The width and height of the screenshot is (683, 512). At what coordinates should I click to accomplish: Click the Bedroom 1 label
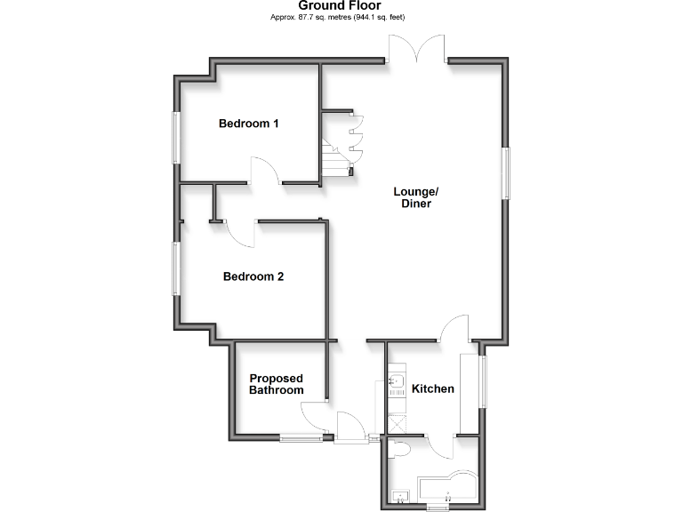pyautogui.click(x=249, y=124)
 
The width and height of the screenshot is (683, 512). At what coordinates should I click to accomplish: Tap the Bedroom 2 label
pyautogui.click(x=253, y=276)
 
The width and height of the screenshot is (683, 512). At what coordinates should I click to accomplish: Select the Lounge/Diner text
pyautogui.click(x=415, y=197)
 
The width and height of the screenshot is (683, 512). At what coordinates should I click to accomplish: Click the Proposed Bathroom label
pyautogui.click(x=276, y=384)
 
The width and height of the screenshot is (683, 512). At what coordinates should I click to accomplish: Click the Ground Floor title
pyautogui.click(x=340, y=5)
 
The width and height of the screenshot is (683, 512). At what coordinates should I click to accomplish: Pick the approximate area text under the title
pyautogui.click(x=340, y=17)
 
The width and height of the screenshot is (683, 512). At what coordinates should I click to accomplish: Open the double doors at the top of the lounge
pyautogui.click(x=416, y=49)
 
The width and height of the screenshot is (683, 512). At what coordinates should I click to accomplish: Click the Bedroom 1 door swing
pyautogui.click(x=265, y=171)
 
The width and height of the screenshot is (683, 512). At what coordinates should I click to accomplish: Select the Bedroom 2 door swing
pyautogui.click(x=241, y=232)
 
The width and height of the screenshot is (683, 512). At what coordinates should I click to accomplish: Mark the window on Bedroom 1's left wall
pyautogui.click(x=176, y=137)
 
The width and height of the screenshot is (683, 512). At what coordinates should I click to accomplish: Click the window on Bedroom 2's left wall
pyautogui.click(x=176, y=268)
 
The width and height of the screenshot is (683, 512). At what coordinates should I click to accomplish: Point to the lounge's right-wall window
pyautogui.click(x=506, y=173)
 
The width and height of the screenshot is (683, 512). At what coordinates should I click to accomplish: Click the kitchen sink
pyautogui.click(x=397, y=385)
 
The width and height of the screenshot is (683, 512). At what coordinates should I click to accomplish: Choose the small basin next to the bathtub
pyautogui.click(x=400, y=494)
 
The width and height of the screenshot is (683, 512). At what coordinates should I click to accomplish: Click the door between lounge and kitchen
pyautogui.click(x=455, y=329)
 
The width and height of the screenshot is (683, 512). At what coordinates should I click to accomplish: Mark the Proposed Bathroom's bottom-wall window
pyautogui.click(x=300, y=436)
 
